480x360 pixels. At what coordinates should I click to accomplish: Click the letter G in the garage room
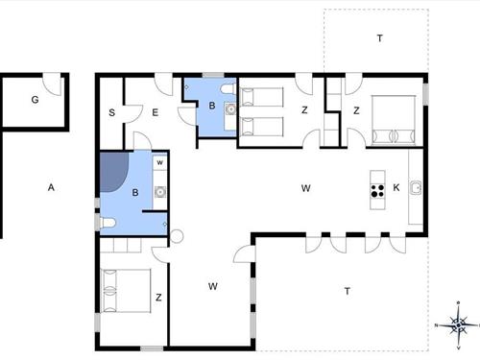pyautogui.click(x=35, y=100)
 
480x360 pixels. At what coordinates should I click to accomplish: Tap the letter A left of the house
pyautogui.click(x=51, y=187)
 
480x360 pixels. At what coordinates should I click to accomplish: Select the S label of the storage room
pyautogui.click(x=111, y=112)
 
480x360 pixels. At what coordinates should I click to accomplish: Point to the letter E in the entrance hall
pyautogui.click(x=156, y=112)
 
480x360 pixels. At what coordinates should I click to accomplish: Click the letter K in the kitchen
pyautogui.click(x=396, y=187)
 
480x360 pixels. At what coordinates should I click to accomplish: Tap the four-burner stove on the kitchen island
pyautogui.click(x=377, y=190)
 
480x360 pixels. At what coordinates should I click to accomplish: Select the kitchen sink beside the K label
pyautogui.click(x=416, y=187)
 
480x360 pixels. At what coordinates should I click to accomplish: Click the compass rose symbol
pyautogui.click(x=459, y=325)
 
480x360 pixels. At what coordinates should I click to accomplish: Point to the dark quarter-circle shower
pyautogui.click(x=114, y=171)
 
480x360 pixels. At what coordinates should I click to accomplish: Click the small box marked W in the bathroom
pyautogui.click(x=160, y=162)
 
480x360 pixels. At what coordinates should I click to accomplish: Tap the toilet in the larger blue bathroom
pyautogui.click(x=108, y=223)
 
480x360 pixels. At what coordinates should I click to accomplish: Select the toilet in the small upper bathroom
pyautogui.click(x=228, y=89)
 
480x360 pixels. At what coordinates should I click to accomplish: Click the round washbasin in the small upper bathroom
pyautogui.click(x=230, y=109)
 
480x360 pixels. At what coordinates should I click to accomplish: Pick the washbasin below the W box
pyautogui.click(x=160, y=192)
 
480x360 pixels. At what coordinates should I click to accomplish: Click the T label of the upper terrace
pyautogui.click(x=380, y=38)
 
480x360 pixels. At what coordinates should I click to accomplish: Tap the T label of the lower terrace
pyautogui.click(x=348, y=291)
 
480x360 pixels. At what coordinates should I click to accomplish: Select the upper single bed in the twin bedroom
pyautogui.click(x=262, y=97)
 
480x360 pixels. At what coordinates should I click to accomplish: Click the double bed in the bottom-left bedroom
pyautogui.click(x=126, y=291)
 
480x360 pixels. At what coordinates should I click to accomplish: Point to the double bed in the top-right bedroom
pyautogui.click(x=394, y=120)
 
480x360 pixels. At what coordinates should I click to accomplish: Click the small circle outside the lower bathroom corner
pyautogui.click(x=177, y=236)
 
